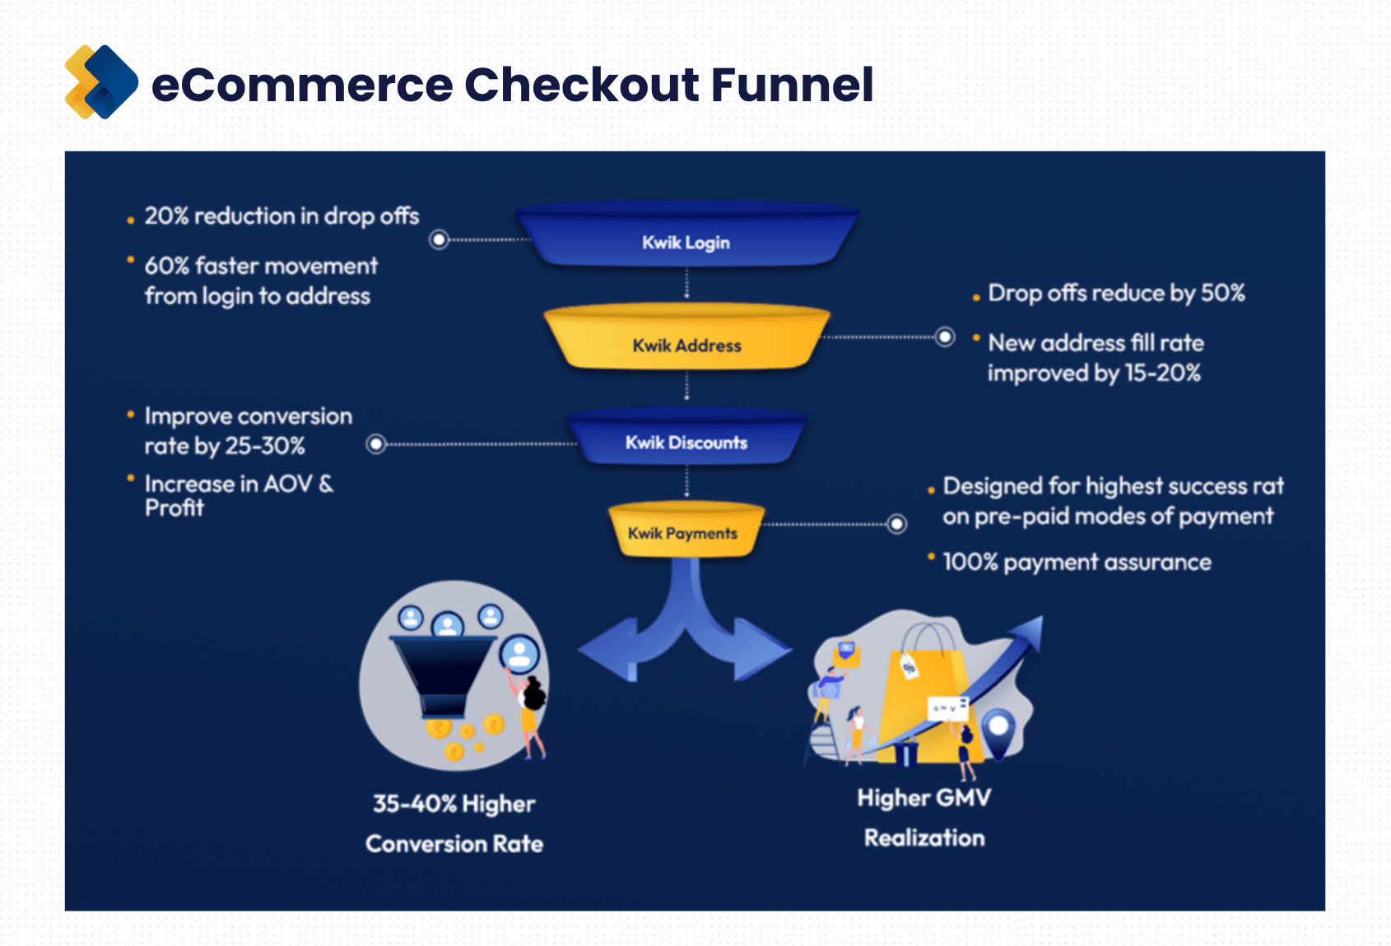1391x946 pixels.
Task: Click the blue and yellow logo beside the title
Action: pyautogui.click(x=101, y=82)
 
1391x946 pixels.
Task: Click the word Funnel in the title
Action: pyautogui.click(x=791, y=85)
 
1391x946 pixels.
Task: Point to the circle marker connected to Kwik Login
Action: pyautogui.click(x=440, y=239)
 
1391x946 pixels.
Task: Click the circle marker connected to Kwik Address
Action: pyautogui.click(x=945, y=336)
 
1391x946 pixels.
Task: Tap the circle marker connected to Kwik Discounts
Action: pyautogui.click(x=376, y=444)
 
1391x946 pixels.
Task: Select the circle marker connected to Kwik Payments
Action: pyautogui.click(x=897, y=523)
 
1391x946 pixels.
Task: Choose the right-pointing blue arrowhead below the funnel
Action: pyautogui.click(x=761, y=649)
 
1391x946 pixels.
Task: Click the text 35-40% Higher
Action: pyautogui.click(x=454, y=804)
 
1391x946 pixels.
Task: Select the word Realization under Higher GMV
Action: pyautogui.click(x=924, y=838)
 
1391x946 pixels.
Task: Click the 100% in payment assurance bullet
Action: pyautogui.click(x=970, y=563)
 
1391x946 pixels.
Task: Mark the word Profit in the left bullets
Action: pyautogui.click(x=174, y=508)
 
